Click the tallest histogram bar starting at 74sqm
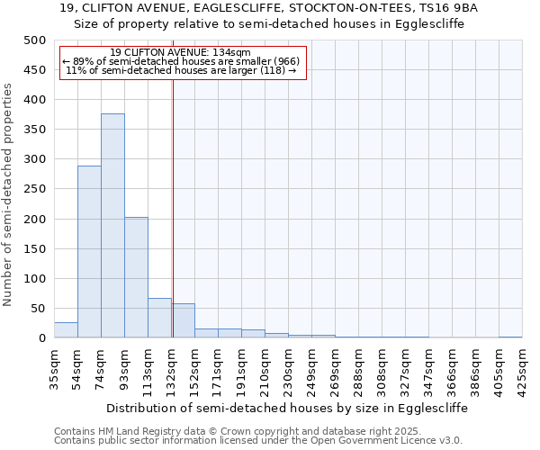click(112, 226)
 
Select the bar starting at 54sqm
click(89, 252)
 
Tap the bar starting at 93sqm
click(136, 277)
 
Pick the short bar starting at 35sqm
click(66, 330)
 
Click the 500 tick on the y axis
click(35, 40)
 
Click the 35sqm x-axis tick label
click(54, 366)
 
